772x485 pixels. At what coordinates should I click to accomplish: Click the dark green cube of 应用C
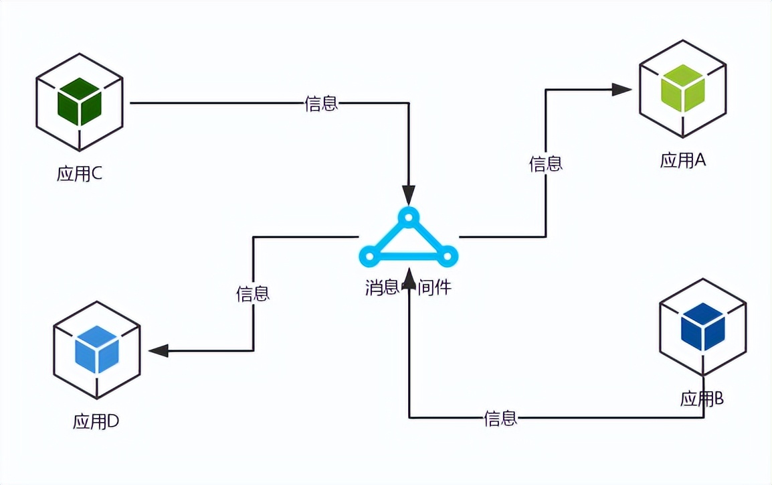79,102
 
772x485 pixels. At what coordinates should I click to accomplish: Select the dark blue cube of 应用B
702,327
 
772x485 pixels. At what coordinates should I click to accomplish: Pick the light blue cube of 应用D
97,349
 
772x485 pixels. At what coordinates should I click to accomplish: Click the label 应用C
79,174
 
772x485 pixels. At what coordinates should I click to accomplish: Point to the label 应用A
683,160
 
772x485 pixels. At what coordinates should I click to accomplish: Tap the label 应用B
702,399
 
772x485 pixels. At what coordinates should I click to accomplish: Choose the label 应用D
96,422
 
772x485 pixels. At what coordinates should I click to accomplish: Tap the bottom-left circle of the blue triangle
369,255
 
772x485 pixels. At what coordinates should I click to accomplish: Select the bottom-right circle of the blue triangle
448,255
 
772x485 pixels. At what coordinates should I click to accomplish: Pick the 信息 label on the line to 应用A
546,163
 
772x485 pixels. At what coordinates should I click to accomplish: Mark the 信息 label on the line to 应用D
253,293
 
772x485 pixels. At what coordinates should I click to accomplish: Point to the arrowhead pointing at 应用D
159,350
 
